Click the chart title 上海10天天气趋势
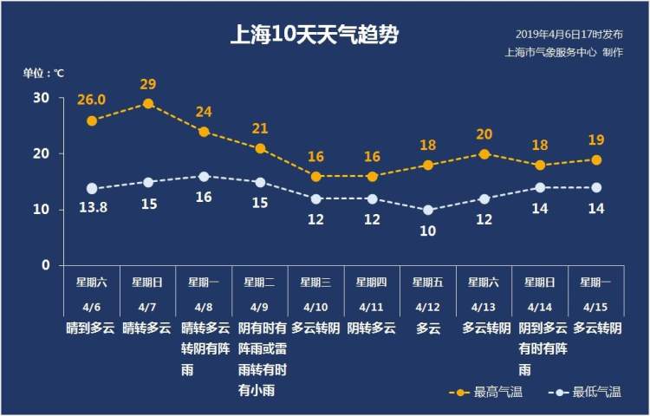[315, 36]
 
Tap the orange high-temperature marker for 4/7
[148, 103]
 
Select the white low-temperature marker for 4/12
[428, 210]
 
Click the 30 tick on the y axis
[42, 97]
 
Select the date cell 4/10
[316, 307]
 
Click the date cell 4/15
[595, 307]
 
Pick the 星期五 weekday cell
[428, 282]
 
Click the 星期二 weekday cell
[259, 282]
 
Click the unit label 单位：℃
[43, 73]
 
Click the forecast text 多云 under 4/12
[428, 328]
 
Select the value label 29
[148, 84]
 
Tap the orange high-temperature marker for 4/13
[484, 154]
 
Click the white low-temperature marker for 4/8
[204, 176]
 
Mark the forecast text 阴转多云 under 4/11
[372, 328]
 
